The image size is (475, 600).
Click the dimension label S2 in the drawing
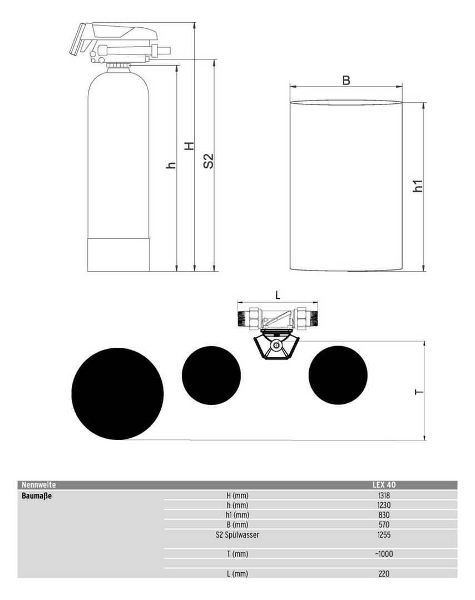tap(208, 161)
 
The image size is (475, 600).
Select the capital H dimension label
tap(190, 146)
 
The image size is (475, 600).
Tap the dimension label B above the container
tap(346, 81)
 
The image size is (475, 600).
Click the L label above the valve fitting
tap(278, 295)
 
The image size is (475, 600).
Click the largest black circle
tap(117, 394)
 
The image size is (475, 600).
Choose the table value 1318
tap(384, 496)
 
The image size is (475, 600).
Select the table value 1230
tap(384, 505)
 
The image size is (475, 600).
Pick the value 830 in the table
tap(384, 514)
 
